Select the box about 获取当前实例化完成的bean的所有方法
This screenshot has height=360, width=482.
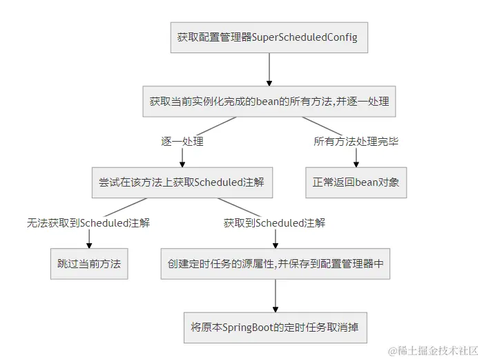(x=269, y=102)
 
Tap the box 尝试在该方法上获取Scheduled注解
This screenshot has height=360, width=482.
(x=182, y=183)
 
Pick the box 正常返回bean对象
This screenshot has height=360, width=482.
(x=356, y=183)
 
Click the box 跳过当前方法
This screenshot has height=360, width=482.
(x=89, y=264)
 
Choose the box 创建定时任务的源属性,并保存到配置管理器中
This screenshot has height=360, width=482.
(x=276, y=264)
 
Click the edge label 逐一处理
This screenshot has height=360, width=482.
(x=182, y=141)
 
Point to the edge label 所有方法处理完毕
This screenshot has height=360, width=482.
(x=356, y=141)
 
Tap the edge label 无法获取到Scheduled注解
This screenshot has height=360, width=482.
(x=88, y=222)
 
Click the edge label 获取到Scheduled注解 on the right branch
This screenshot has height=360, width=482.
(x=275, y=222)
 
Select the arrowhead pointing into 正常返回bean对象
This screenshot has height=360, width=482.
(x=356, y=163)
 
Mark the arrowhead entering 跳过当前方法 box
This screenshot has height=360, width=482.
(x=89, y=244)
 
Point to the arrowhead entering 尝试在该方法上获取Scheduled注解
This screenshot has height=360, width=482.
(x=182, y=163)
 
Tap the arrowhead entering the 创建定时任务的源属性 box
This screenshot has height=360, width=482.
(x=276, y=244)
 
